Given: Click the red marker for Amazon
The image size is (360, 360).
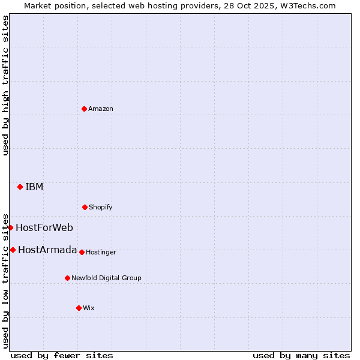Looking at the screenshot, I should click(84, 109).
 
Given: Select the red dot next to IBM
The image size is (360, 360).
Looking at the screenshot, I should click(20, 187).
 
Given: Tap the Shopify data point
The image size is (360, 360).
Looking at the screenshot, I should click(85, 207).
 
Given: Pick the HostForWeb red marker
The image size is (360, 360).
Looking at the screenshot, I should click(10, 227).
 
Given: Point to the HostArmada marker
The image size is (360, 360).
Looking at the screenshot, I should click(13, 250).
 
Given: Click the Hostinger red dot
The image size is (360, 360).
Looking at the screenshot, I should click(82, 252).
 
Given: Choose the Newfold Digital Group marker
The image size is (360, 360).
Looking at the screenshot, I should click(67, 278).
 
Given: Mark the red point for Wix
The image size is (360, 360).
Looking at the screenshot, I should click(79, 308).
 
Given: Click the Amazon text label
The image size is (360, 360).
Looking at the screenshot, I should click(101, 109).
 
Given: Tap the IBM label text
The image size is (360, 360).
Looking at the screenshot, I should click(34, 187).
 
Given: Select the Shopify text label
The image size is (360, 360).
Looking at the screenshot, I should click(101, 207).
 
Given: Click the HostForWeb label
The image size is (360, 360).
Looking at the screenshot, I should click(44, 227).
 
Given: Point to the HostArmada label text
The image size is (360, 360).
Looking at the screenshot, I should click(47, 250).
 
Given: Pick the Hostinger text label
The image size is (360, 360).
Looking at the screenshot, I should click(101, 252).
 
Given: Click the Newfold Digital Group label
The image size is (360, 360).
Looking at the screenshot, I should click(106, 278).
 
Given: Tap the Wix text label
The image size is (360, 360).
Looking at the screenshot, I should click(89, 308).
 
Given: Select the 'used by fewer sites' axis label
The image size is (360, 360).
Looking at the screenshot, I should click(62, 355).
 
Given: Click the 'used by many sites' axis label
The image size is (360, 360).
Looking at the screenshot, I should click(301, 355).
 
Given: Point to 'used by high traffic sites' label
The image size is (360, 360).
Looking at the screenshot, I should click(5, 85).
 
